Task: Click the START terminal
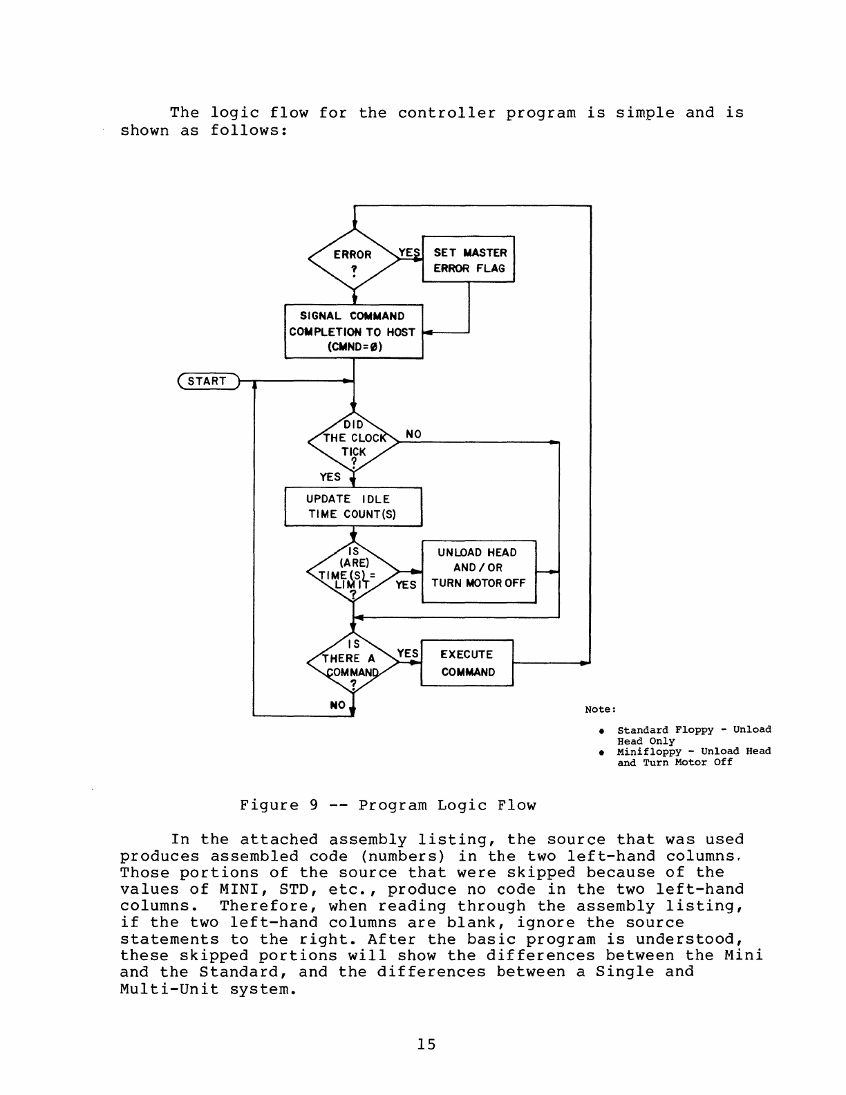207,381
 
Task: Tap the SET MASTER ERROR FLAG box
469,261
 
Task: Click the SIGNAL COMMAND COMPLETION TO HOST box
353,331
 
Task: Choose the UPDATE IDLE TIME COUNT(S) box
353,507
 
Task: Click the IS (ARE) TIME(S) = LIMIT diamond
353,572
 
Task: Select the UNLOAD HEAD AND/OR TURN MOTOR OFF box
478,572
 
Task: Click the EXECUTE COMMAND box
467,663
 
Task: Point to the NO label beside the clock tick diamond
413,434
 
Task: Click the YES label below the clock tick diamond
330,477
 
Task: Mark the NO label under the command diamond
337,705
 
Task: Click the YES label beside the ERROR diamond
409,253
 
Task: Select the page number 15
426,1044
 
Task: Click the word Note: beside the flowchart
600,709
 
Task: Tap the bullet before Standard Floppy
603,731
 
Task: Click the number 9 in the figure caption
313,805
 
